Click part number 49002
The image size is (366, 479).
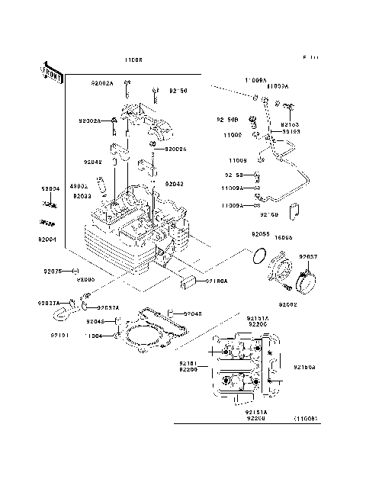(79, 185)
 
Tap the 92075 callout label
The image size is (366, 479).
(53, 271)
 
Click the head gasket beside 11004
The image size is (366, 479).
(149, 336)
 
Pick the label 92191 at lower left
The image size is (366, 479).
(61, 335)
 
